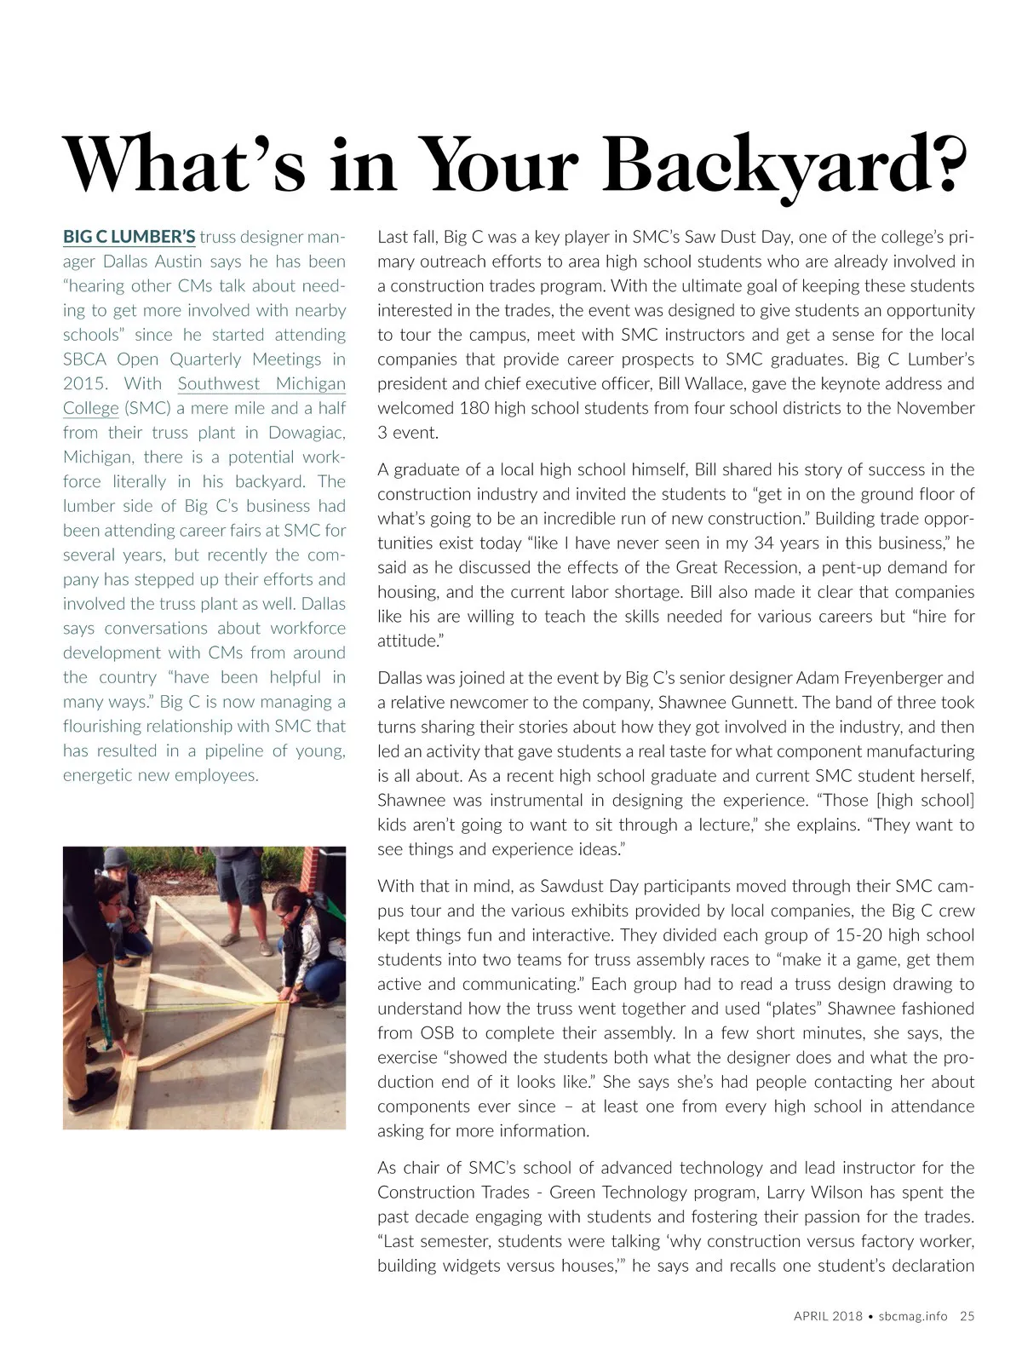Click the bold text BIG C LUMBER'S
pyautogui.click(x=129, y=236)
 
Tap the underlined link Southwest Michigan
pyautogui.click(x=261, y=383)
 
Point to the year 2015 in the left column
pyautogui.click(x=82, y=383)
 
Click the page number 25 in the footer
pyautogui.click(x=967, y=1315)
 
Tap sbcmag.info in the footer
pyautogui.click(x=913, y=1315)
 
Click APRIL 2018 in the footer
pyautogui.click(x=828, y=1315)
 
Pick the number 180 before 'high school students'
pyautogui.click(x=474, y=408)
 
